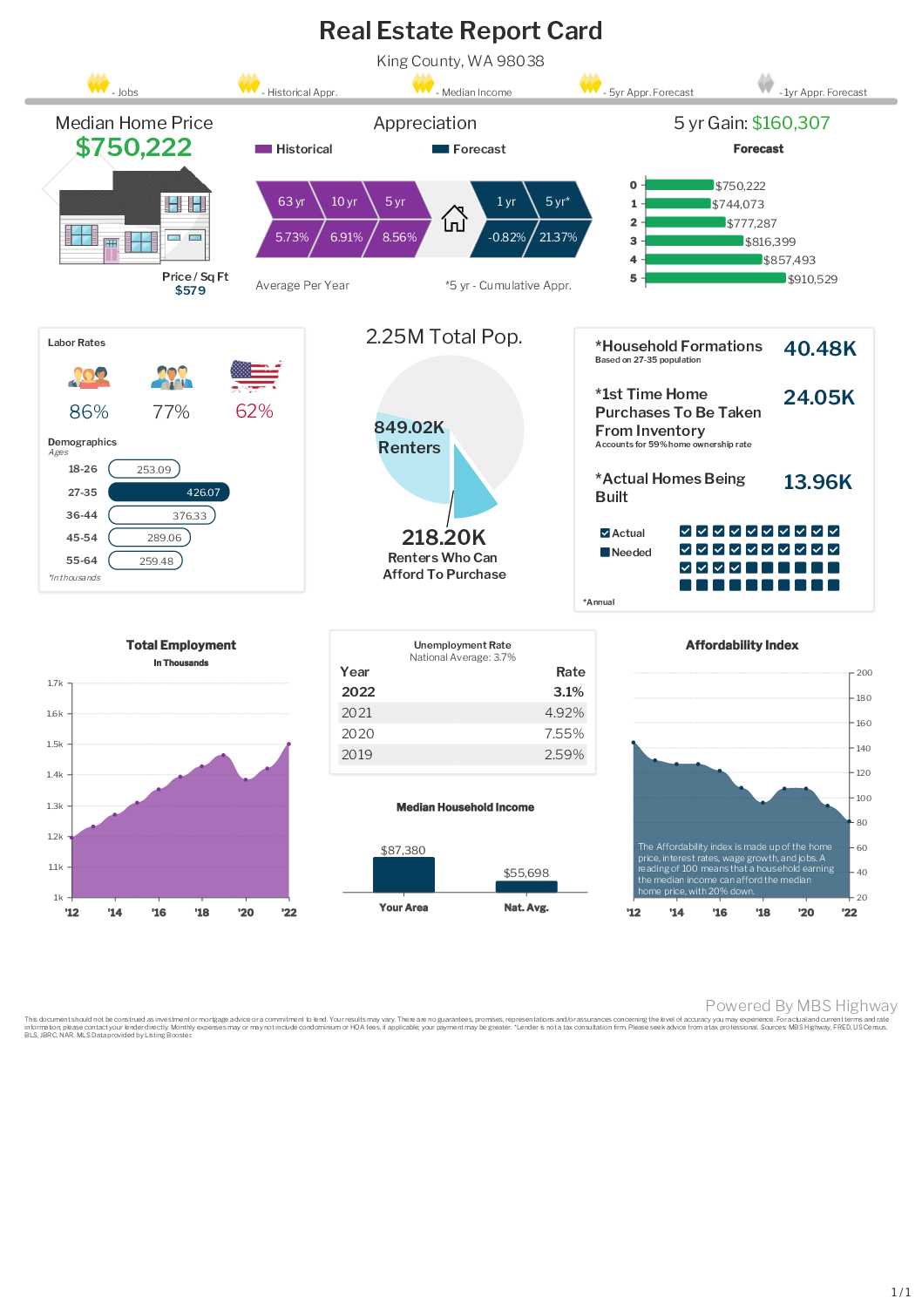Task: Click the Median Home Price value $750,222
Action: click(133, 147)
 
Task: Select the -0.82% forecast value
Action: click(506, 237)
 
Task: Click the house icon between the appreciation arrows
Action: click(454, 218)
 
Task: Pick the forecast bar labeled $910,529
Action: click(715, 278)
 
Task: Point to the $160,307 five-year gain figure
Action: click(790, 123)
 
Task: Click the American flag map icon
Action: click(254, 376)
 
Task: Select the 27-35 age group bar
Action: click(169, 493)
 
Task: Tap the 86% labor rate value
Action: click(89, 411)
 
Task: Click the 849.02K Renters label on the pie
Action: click(409, 437)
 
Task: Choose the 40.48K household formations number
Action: click(819, 349)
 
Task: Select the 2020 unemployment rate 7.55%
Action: click(564, 734)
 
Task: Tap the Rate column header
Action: click(570, 672)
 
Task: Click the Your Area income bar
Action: click(403, 874)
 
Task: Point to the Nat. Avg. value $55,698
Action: click(526, 873)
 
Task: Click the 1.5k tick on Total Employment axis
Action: click(55, 744)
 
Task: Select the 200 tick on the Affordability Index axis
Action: click(864, 673)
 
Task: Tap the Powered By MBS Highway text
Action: click(801, 1006)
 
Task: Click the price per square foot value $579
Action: click(190, 290)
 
